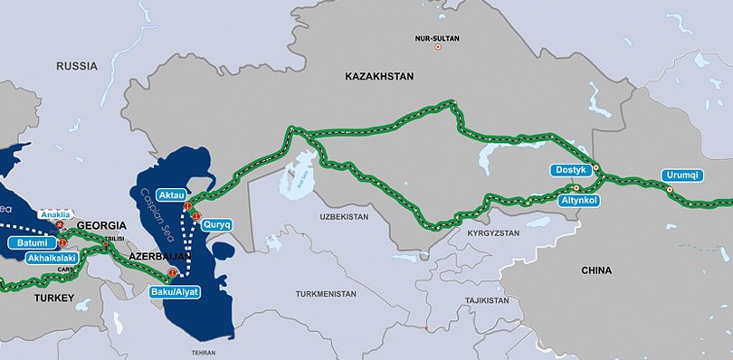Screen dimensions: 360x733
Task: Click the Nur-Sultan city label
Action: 439,38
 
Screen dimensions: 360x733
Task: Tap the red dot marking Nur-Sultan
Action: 438,47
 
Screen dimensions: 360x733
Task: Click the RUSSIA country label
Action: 77,66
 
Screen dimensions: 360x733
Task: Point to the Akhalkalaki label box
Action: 51,258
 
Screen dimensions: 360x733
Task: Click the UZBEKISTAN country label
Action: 345,218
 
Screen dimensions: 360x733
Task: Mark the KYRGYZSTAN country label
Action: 495,232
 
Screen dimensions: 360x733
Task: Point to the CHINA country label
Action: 597,270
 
